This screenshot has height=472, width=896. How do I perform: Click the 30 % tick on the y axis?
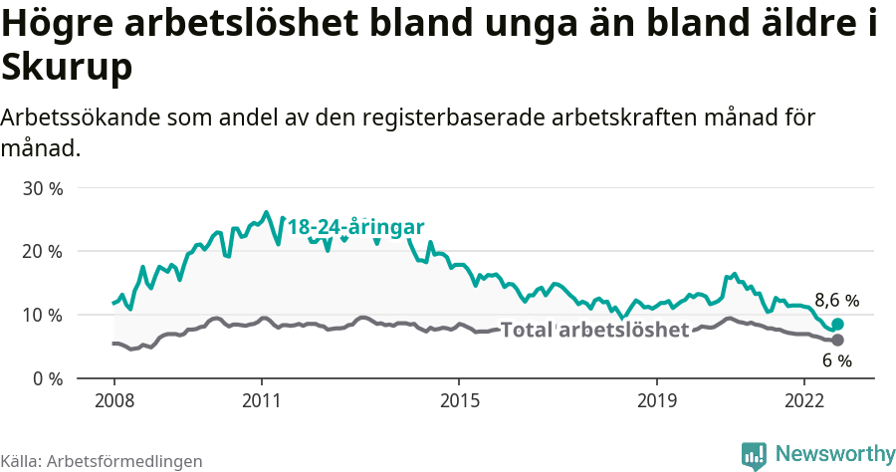tap(41, 188)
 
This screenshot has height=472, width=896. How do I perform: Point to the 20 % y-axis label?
tap(41, 251)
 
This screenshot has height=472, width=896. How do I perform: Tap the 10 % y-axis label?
tap(41, 315)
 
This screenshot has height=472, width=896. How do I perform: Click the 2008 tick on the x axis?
tap(113, 401)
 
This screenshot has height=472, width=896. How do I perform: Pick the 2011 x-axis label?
tap(261, 401)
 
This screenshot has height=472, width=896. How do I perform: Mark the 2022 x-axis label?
tap(804, 401)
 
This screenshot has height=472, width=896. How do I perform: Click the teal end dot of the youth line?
tap(838, 324)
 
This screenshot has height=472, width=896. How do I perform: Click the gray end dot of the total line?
tap(838, 341)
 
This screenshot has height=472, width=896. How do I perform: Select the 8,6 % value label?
tap(836, 300)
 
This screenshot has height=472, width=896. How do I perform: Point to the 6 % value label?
tap(836, 360)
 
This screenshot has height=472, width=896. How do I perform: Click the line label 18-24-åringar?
tap(356, 227)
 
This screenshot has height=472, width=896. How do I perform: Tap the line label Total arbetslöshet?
tap(594, 330)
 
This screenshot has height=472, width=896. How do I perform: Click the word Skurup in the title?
tap(67, 68)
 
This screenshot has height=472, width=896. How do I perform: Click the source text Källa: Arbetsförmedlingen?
tap(102, 461)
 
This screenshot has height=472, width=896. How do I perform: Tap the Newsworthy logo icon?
tap(755, 455)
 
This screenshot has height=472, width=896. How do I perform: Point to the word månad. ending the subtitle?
tap(40, 149)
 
